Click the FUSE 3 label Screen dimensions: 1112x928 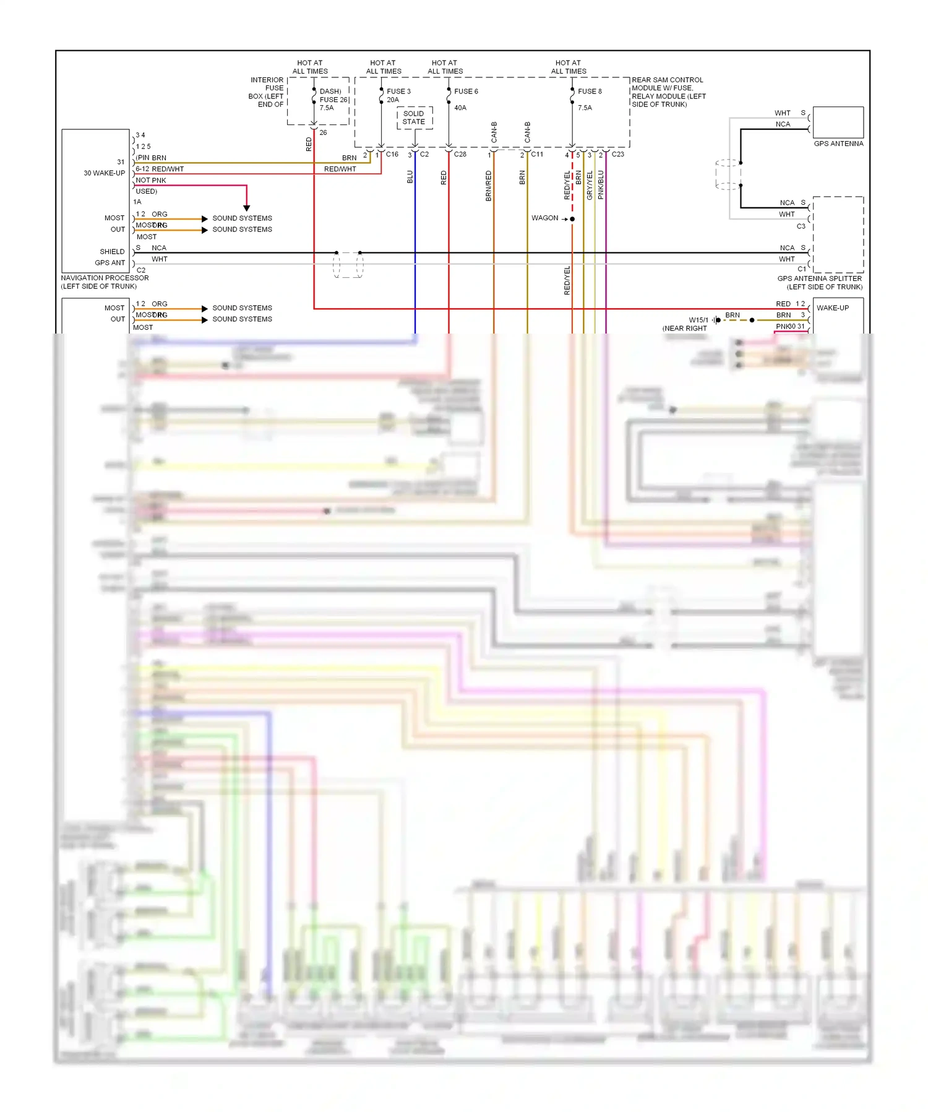point(398,91)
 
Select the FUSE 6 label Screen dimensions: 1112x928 point(466,91)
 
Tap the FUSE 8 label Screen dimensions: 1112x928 point(590,91)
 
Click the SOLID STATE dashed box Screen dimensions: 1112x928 point(414,118)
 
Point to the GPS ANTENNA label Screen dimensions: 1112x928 point(838,144)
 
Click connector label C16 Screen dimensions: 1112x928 point(392,154)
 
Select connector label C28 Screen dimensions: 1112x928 point(460,154)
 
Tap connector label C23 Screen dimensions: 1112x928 point(618,154)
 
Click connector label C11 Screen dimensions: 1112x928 point(537,154)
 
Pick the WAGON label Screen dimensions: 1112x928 point(544,218)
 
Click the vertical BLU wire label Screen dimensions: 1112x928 point(410,177)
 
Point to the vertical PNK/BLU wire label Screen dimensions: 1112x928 point(601,184)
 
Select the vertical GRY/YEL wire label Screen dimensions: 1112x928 point(590,185)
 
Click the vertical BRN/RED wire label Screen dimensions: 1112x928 point(489,186)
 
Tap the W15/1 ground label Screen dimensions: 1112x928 point(698,320)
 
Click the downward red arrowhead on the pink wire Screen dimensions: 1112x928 point(246,208)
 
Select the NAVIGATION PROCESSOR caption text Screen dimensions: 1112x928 point(105,278)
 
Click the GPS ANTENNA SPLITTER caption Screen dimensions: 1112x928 point(819,278)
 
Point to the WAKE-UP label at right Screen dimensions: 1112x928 point(833,308)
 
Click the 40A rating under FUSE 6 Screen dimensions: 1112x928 point(460,108)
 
